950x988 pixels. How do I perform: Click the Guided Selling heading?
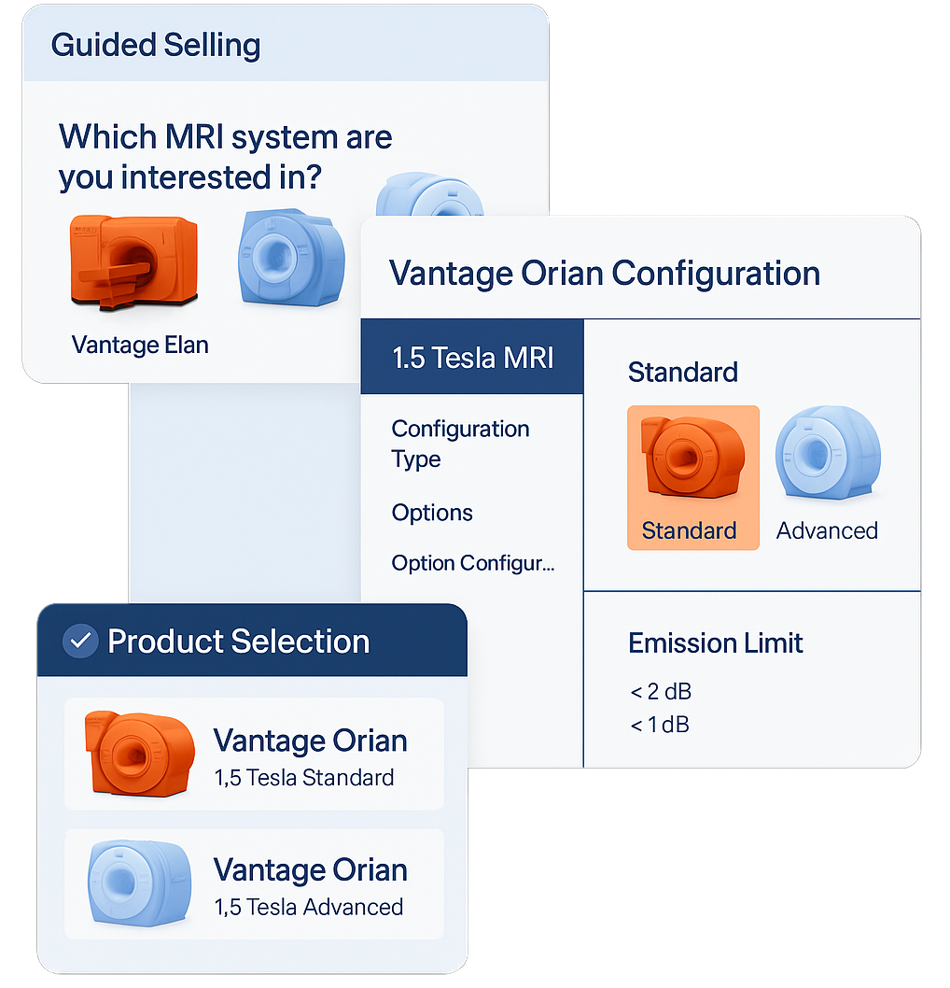point(156,46)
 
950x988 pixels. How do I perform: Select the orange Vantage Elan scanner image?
point(133,262)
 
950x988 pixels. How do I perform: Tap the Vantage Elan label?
point(140,346)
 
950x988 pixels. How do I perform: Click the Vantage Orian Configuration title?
point(605,274)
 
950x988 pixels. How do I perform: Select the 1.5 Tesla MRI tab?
point(472,358)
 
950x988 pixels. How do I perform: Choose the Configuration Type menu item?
point(460,444)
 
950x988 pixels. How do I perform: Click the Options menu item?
point(432,513)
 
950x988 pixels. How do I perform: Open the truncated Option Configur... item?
point(473,563)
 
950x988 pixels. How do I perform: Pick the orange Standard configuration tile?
point(693,477)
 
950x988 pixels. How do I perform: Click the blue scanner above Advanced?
point(828,452)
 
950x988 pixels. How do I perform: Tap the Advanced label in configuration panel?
point(827,531)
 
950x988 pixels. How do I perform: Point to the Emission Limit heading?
point(715,643)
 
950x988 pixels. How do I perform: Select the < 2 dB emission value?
point(661,692)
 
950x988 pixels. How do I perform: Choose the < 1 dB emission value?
point(659,725)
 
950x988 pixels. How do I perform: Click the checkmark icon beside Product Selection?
point(80,642)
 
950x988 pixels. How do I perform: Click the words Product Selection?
point(239,642)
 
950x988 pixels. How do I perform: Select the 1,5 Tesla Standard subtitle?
point(304,778)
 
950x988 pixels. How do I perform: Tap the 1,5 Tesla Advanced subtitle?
point(309,908)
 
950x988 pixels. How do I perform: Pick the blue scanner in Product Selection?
point(140,883)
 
